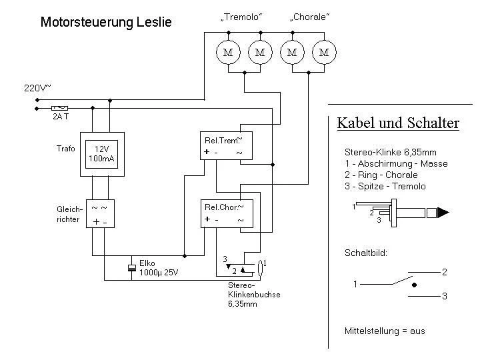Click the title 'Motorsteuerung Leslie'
(106, 23)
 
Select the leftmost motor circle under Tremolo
(228, 52)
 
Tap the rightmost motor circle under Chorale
(324, 52)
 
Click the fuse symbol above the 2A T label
(60, 107)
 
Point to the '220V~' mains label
(37, 87)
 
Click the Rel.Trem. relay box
(227, 147)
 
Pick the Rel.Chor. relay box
(227, 213)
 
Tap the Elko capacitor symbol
(131, 268)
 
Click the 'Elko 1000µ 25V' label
(159, 268)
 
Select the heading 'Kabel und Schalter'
(397, 123)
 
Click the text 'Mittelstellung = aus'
(385, 331)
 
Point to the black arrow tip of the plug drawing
(444, 213)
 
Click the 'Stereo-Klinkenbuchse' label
(254, 294)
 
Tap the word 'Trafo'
(66, 148)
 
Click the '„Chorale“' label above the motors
(309, 18)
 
